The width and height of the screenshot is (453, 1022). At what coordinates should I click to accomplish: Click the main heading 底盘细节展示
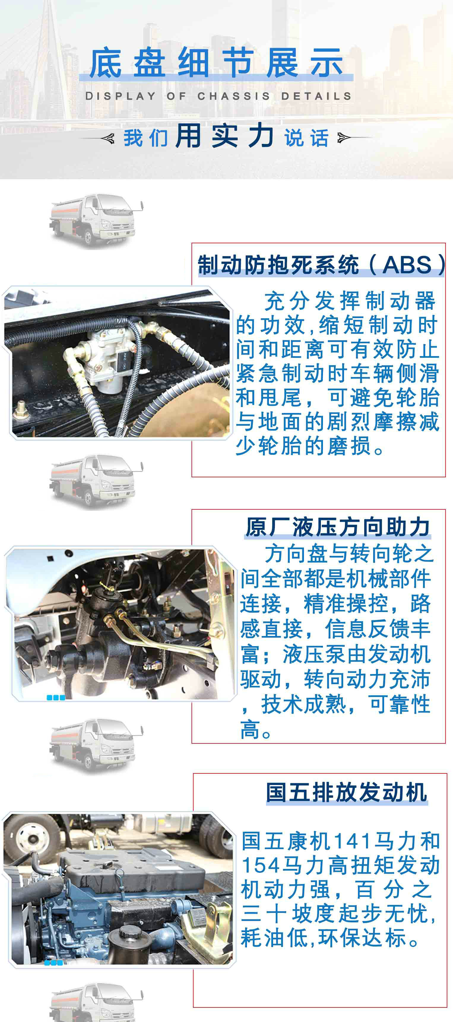click(x=216, y=63)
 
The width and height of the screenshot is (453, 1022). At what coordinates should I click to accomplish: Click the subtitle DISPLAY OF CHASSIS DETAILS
click(x=218, y=96)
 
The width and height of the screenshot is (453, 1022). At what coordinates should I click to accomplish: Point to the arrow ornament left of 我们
click(x=97, y=138)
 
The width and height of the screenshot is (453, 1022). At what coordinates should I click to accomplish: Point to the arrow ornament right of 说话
click(x=354, y=138)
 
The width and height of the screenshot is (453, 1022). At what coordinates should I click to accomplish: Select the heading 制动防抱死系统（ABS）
click(x=321, y=264)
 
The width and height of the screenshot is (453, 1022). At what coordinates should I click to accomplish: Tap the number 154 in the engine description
click(x=256, y=866)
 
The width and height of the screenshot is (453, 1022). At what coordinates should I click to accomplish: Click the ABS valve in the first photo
click(x=105, y=357)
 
